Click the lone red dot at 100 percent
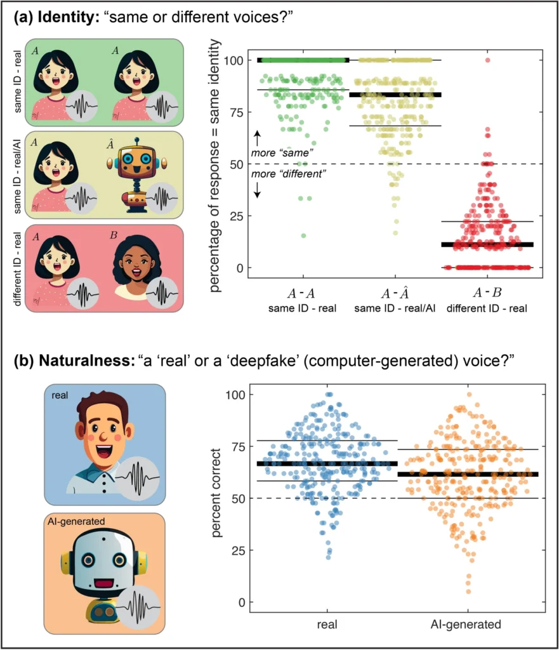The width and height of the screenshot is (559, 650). pyautogui.click(x=487, y=60)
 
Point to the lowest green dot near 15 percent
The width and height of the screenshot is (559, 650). pyautogui.click(x=303, y=235)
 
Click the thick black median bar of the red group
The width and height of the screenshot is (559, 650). pyautogui.click(x=487, y=244)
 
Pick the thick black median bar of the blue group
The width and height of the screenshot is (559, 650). pyautogui.click(x=326, y=464)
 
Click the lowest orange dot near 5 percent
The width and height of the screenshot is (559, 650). pyautogui.click(x=468, y=592)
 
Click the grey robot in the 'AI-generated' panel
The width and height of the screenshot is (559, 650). pyautogui.click(x=95, y=574)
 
